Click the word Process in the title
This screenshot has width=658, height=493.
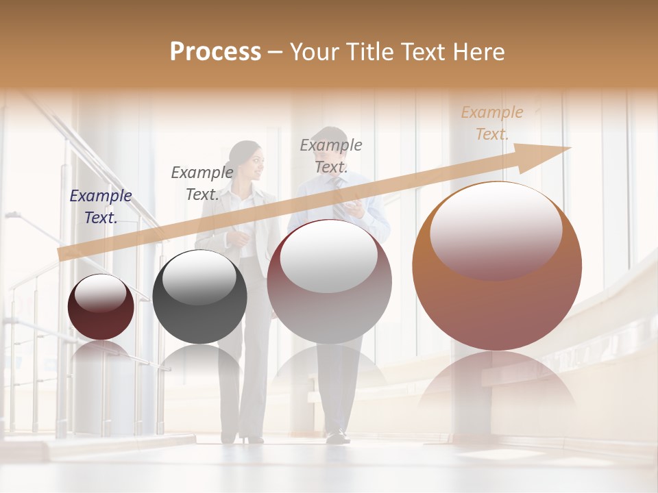point(215,52)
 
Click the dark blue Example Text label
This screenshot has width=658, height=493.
point(101,207)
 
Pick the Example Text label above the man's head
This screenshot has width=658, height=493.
point(331,155)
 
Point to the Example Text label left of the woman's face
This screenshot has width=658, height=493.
point(202,183)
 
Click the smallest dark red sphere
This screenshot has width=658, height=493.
point(101,307)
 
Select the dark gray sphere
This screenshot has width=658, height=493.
point(199,297)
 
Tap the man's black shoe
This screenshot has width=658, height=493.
point(337,435)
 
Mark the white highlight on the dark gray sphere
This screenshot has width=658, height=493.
point(199,277)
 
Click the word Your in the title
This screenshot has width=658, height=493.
point(312,52)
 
